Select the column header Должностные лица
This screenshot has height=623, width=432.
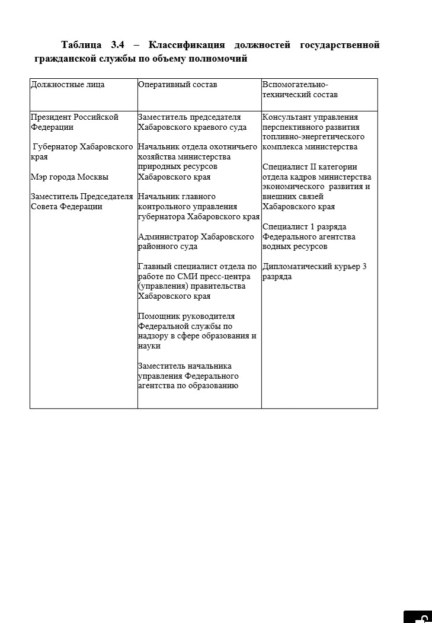(68, 85)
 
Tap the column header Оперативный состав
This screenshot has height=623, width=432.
(177, 85)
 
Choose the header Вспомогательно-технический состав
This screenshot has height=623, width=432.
(300, 90)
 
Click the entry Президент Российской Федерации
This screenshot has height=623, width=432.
(74, 122)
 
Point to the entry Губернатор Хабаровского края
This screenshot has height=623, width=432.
(81, 152)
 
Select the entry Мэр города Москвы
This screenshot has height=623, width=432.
(69, 177)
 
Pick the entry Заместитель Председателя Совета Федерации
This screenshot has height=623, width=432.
(81, 202)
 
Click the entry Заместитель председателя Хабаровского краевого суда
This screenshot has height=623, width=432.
(192, 122)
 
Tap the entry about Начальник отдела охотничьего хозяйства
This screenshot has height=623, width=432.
(197, 162)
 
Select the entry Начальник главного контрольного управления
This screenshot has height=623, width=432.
(198, 207)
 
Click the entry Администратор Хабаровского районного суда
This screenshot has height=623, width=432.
(196, 242)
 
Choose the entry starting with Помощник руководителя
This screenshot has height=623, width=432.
(197, 331)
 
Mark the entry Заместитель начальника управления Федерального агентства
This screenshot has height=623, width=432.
(188, 376)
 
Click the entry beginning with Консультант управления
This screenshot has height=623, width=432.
(313, 132)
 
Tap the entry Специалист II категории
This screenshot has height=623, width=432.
(316, 187)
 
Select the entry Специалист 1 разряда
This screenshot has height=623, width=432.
(309, 237)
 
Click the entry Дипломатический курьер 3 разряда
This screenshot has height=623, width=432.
(314, 271)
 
